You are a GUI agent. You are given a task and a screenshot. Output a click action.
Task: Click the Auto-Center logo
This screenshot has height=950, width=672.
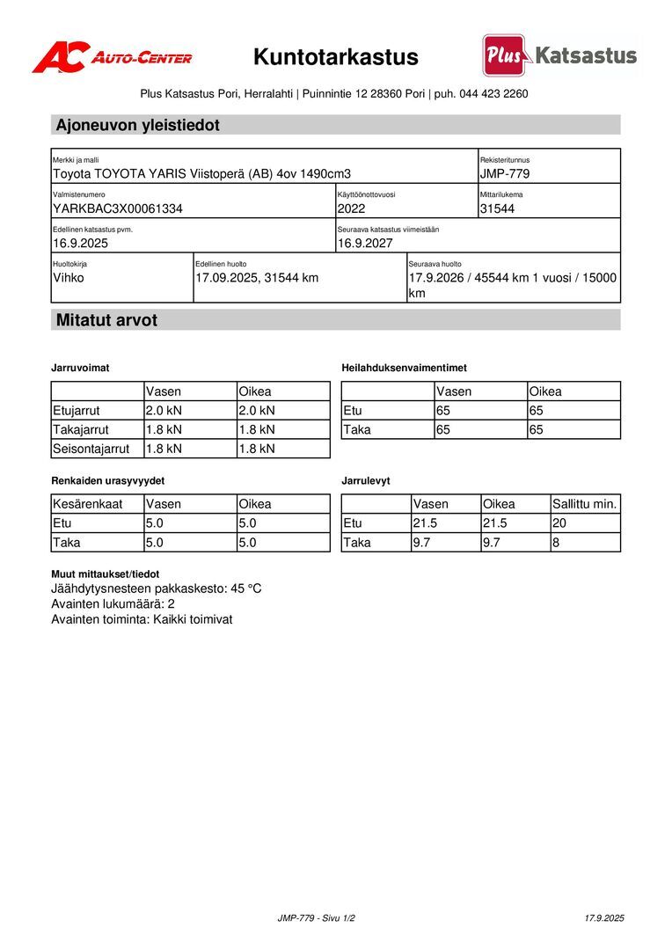click(x=112, y=57)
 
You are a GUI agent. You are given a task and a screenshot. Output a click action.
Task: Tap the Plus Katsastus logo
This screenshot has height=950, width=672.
click(x=559, y=55)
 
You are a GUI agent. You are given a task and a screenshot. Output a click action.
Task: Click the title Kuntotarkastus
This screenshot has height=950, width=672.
click(x=336, y=58)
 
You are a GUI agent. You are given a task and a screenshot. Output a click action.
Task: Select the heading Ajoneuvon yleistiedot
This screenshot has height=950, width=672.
click(x=137, y=125)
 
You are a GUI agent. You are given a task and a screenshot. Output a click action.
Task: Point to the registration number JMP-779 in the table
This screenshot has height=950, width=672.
click(x=504, y=174)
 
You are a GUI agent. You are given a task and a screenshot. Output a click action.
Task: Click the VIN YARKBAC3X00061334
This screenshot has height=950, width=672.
click(x=118, y=209)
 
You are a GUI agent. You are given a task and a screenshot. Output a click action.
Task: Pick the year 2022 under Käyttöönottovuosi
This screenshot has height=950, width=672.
click(x=351, y=209)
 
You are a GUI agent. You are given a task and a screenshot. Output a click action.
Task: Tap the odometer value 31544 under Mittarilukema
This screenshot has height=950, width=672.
click(x=497, y=209)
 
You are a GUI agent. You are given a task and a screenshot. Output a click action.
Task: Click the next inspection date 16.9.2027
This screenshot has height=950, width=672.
click(x=365, y=244)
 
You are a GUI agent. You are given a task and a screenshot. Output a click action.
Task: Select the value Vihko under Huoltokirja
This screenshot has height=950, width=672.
click(x=69, y=278)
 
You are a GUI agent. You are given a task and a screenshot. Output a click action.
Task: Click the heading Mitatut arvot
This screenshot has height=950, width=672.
click(x=106, y=320)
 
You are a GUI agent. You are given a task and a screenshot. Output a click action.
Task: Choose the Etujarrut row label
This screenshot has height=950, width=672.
click(x=77, y=410)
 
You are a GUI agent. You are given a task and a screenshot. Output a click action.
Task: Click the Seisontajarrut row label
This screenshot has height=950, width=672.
click(x=91, y=449)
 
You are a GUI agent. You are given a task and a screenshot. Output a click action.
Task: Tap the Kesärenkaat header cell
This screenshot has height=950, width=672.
click(x=87, y=504)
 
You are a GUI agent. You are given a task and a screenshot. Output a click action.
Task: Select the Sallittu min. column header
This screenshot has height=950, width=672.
click(x=585, y=504)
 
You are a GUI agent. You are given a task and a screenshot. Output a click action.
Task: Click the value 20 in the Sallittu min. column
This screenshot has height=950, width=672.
click(x=560, y=523)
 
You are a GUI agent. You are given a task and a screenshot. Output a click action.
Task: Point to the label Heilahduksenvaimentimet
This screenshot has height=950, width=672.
click(x=404, y=368)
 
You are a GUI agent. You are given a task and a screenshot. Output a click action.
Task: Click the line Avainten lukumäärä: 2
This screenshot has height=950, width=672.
click(x=113, y=604)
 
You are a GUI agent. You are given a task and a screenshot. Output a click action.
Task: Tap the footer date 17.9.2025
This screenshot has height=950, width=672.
click(x=603, y=918)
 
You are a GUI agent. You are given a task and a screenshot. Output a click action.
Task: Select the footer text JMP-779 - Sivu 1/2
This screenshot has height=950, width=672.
click(x=317, y=918)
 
